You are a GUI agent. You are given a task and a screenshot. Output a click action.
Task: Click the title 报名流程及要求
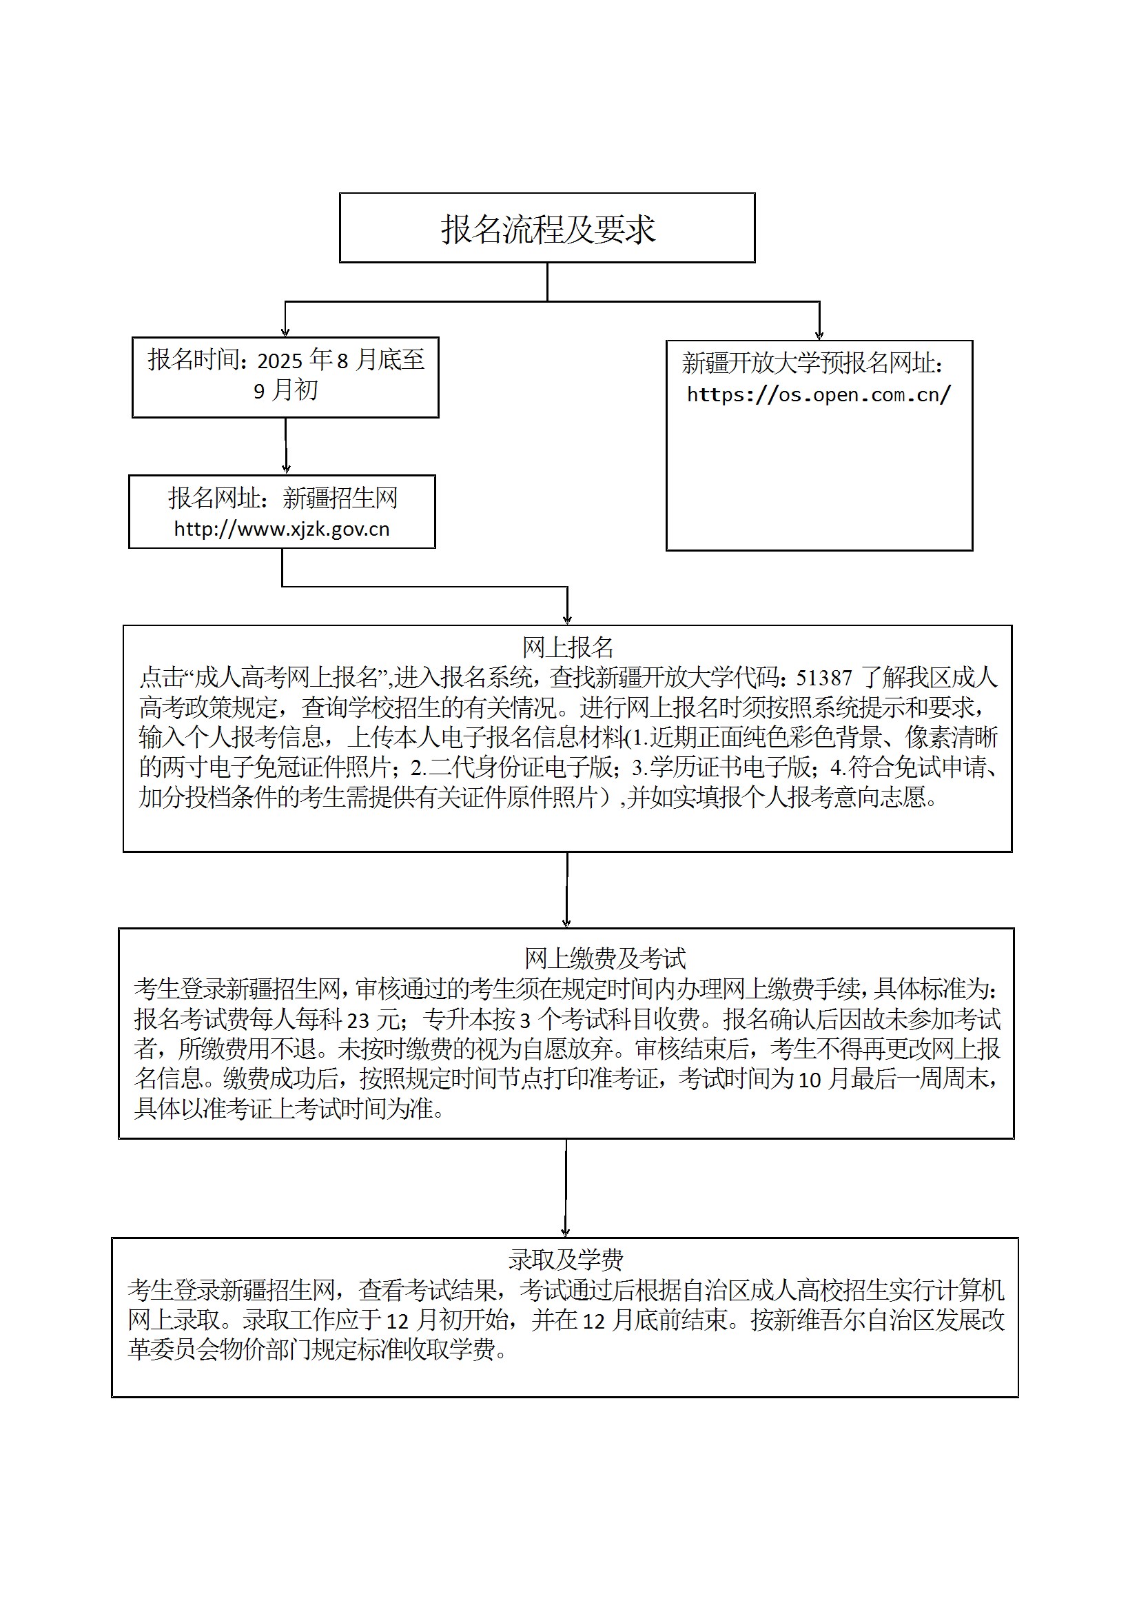(x=548, y=229)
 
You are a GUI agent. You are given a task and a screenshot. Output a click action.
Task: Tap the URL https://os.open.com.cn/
(x=819, y=394)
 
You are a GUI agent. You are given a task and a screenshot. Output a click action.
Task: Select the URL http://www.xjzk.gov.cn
(x=281, y=529)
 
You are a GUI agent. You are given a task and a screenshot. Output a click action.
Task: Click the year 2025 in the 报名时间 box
(x=279, y=361)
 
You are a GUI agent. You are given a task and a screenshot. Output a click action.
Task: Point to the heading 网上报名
(x=568, y=647)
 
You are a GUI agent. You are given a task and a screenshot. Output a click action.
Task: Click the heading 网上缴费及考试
(x=605, y=958)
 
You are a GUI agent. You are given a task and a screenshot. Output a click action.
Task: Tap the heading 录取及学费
(x=566, y=1260)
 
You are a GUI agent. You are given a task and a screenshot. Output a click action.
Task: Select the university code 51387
(x=824, y=678)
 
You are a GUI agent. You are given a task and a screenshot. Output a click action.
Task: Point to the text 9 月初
(x=286, y=390)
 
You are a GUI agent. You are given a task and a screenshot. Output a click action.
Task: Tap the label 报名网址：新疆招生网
(x=283, y=498)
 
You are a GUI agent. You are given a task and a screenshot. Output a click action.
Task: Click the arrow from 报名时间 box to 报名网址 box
(x=286, y=446)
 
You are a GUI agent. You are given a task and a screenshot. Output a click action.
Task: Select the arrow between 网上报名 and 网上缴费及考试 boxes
(x=566, y=890)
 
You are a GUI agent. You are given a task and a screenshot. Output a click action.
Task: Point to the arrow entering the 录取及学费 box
(x=566, y=1188)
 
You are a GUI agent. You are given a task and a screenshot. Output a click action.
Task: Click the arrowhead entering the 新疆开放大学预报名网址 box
(x=819, y=335)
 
